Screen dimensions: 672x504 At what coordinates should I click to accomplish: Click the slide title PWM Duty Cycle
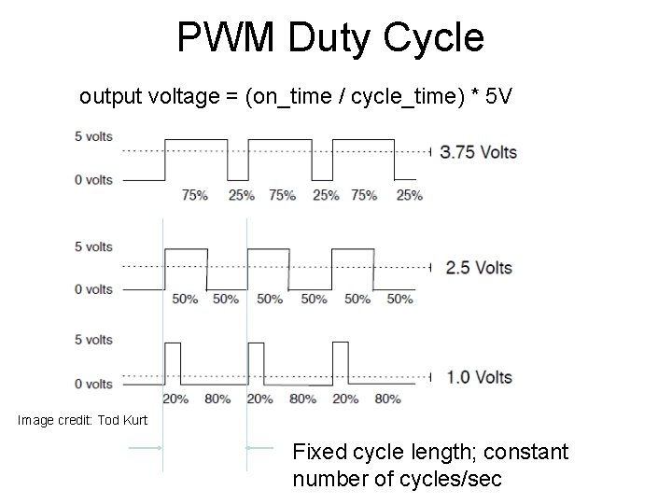coord(330,38)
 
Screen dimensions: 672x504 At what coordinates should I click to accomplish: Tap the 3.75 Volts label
coord(479,151)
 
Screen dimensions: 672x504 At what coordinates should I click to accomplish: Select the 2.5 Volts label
coord(480,268)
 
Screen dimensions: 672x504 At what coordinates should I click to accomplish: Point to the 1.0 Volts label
coord(479,378)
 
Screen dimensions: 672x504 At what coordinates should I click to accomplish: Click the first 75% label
coord(195,195)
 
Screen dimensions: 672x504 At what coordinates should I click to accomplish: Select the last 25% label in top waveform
coord(409,195)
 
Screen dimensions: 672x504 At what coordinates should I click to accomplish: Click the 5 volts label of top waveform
coord(93,136)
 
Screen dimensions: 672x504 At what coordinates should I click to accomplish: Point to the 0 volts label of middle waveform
coord(93,288)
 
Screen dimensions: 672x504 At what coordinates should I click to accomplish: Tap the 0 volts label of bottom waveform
coord(93,384)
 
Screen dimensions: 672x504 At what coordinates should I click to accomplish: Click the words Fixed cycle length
coord(387,454)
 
